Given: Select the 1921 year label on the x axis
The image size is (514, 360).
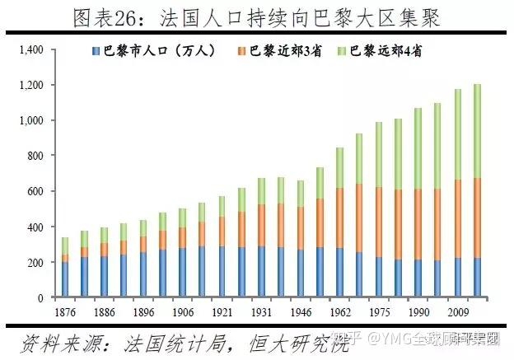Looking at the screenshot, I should point(221,313).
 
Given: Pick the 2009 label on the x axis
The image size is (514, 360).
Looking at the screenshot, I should point(457,313).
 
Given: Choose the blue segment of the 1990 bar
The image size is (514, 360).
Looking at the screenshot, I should point(418,278).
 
